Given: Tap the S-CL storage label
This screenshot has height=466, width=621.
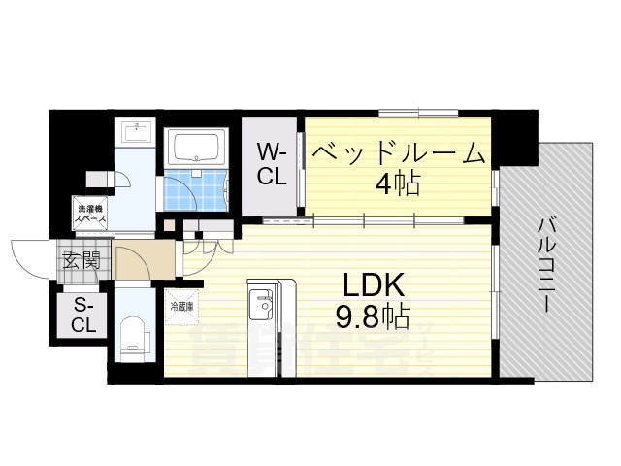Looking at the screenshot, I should (83, 315).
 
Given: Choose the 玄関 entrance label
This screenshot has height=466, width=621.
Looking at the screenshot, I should (82, 259).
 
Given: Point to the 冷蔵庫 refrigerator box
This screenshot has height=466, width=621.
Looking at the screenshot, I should (182, 306).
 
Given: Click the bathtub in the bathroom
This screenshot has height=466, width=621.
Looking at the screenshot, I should (198, 149).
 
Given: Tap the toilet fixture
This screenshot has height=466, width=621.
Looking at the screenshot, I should (133, 335).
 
